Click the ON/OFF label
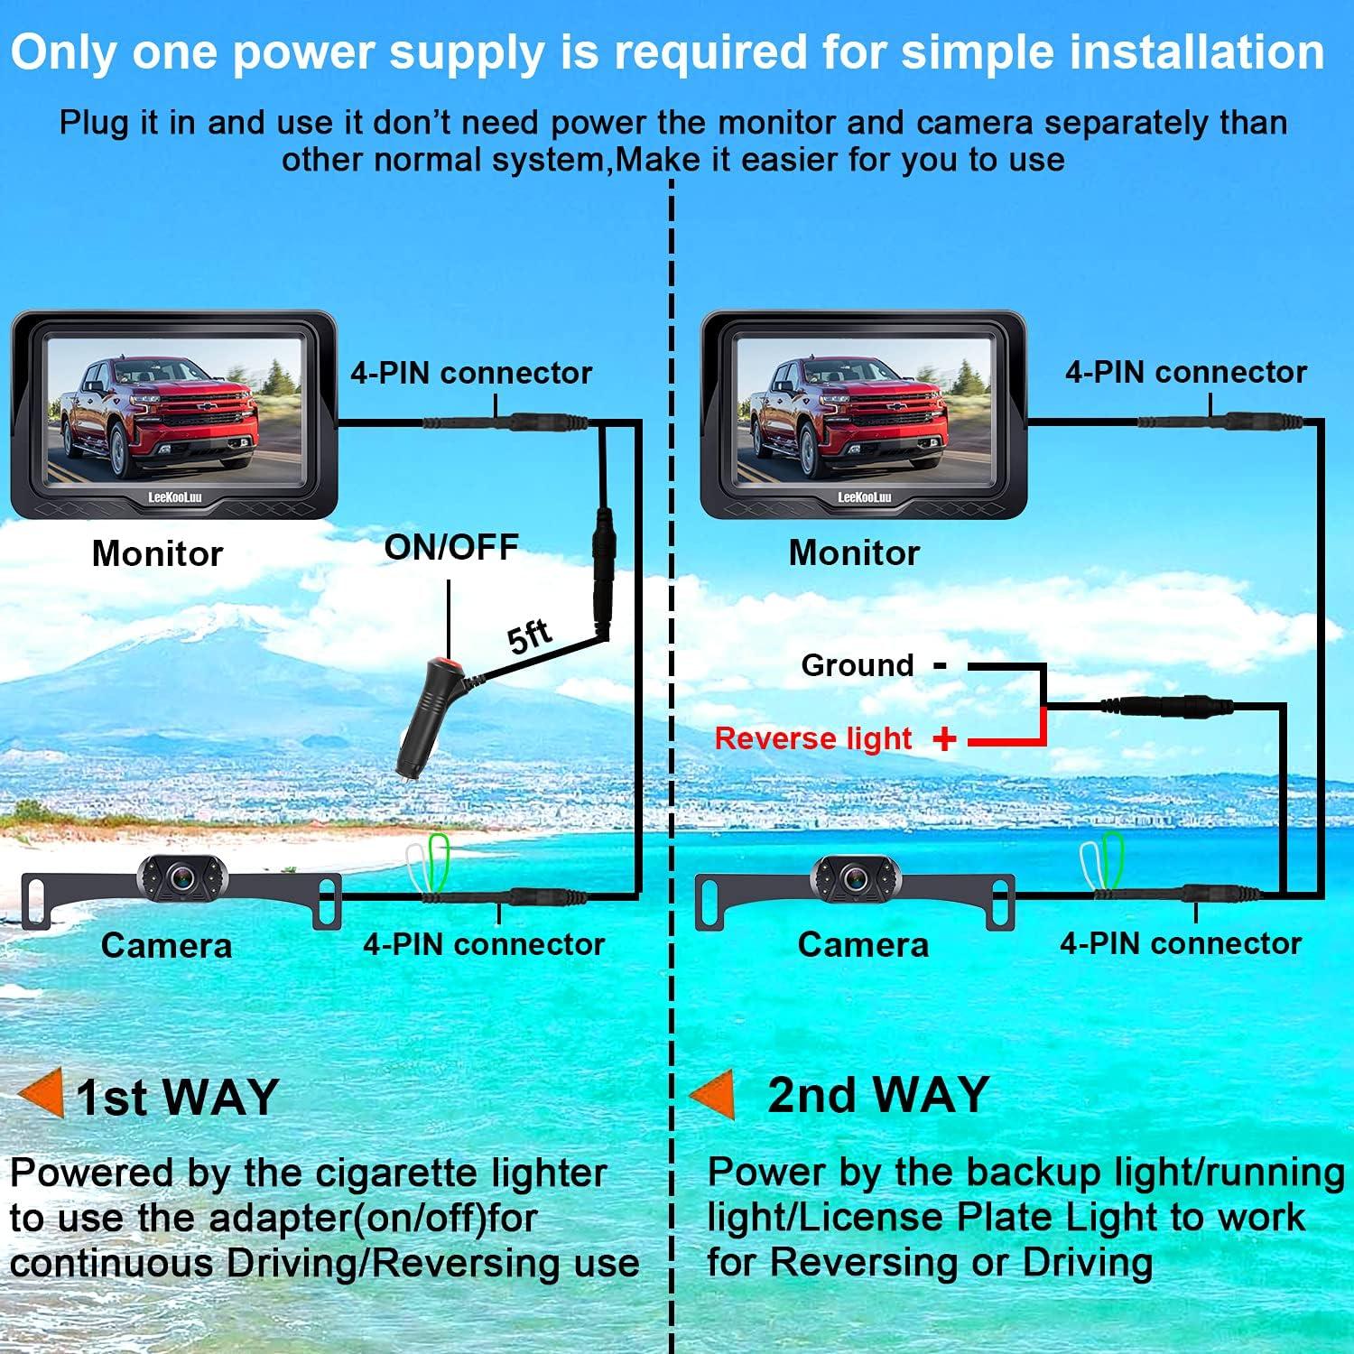click(451, 547)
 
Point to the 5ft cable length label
click(530, 635)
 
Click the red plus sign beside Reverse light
click(944, 739)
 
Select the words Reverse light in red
click(812, 738)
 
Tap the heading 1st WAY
click(177, 1097)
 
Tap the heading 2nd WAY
click(878, 1094)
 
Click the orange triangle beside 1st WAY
click(42, 1092)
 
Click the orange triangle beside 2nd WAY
click(713, 1093)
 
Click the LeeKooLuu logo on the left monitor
click(175, 497)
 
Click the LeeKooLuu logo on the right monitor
click(864, 497)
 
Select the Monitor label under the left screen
click(157, 553)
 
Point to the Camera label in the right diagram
click(863, 944)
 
